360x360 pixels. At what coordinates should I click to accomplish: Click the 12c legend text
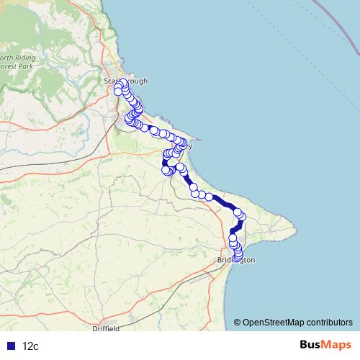(30, 346)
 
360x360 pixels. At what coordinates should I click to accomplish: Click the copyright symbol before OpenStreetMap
(238, 322)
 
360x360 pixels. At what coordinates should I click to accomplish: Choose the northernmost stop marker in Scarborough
(123, 83)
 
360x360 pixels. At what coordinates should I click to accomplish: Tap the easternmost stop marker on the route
(242, 216)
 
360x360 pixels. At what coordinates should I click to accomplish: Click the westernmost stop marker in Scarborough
(118, 91)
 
